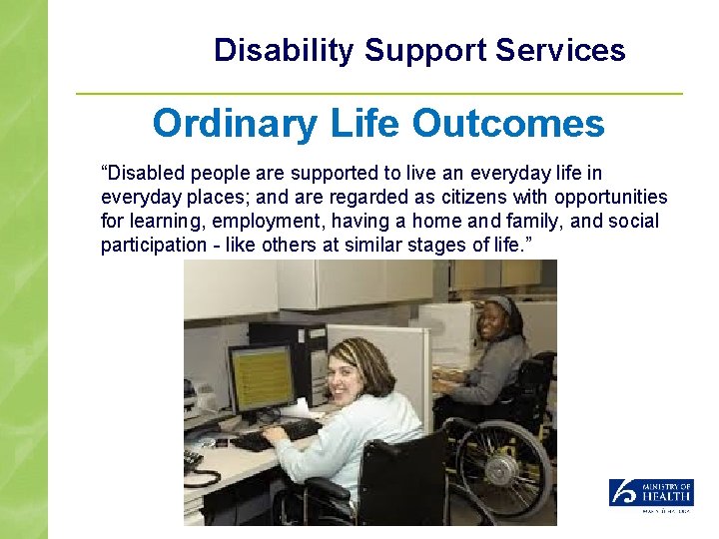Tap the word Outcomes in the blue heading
pos(507,124)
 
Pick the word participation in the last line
pos(149,245)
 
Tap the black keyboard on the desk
pos(274,435)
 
